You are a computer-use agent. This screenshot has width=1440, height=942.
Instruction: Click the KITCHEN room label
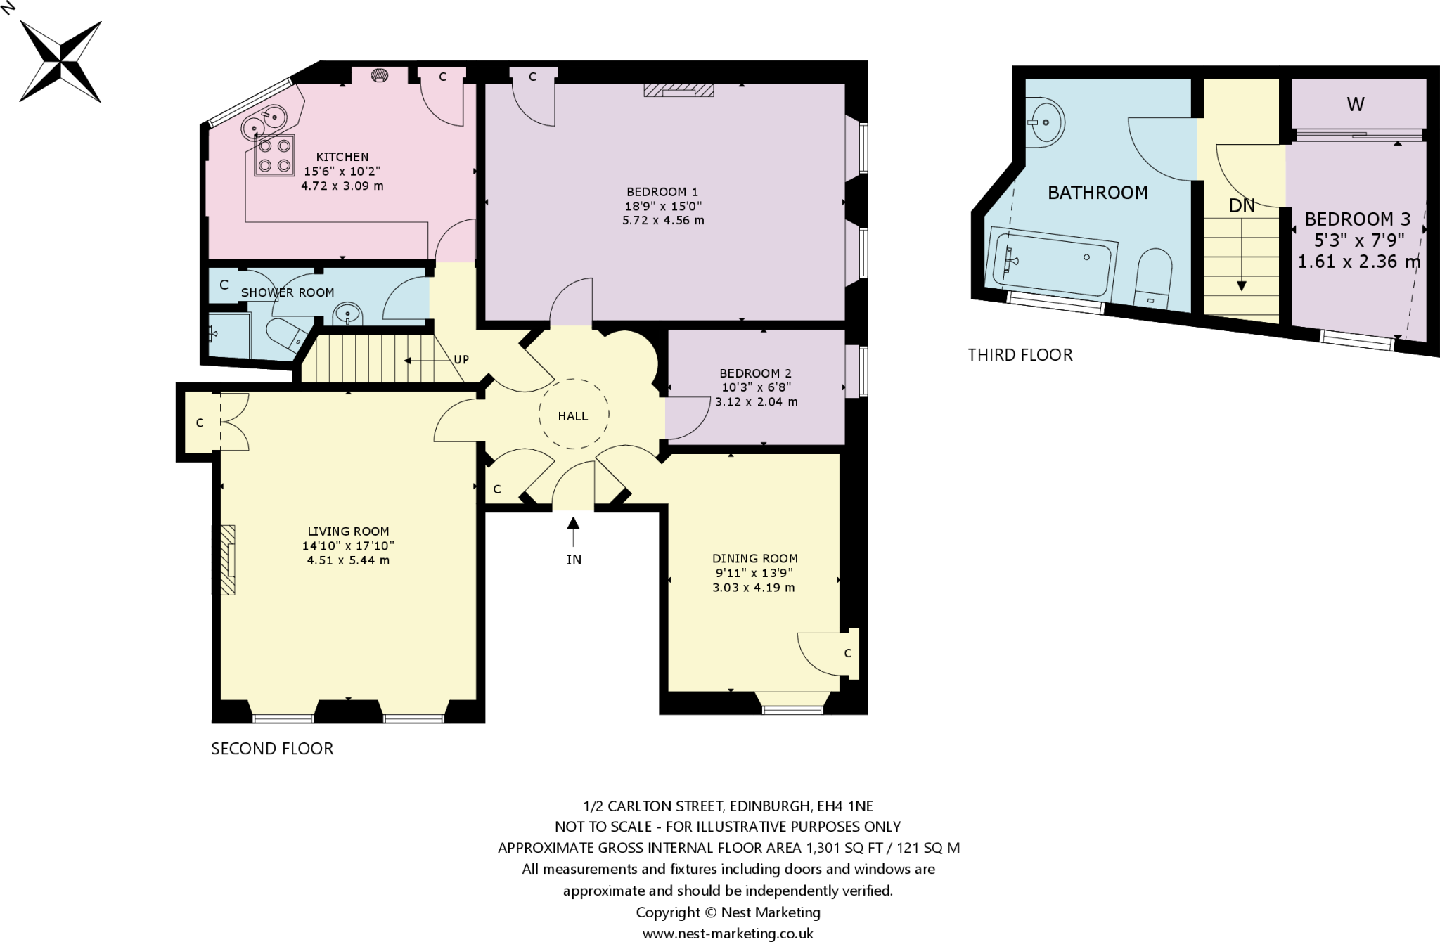pos(342,157)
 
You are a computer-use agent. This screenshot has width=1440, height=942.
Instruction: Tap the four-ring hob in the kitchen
pos(274,156)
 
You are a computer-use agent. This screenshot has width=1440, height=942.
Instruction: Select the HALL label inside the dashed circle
pos(573,416)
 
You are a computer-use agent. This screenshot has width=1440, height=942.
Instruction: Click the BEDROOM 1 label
pos(662,192)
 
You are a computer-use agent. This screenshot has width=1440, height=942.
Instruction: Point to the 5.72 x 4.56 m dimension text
pos(663,220)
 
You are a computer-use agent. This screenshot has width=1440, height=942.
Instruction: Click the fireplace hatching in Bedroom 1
pos(679,90)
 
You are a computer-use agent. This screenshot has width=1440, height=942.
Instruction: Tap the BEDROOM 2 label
pos(755,373)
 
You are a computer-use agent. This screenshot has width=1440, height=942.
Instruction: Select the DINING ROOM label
pos(754,559)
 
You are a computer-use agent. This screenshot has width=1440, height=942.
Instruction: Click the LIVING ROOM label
pos(348,531)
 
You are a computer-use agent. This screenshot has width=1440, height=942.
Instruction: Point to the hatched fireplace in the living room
pos(228,560)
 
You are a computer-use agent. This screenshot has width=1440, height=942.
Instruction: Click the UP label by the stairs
pos(461,360)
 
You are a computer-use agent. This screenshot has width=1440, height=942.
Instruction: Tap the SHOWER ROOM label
pos(288,292)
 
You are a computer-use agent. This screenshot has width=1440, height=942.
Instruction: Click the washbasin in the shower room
pos(347,314)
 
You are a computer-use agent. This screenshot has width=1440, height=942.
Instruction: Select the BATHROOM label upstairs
pos(1098,193)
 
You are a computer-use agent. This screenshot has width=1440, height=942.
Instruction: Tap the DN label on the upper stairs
pos(1242,206)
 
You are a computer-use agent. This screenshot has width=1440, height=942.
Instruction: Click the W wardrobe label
pos(1356,105)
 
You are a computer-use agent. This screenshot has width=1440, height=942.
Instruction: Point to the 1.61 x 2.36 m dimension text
pos(1358,262)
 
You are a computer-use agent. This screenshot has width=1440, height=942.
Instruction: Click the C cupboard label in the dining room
pos(848,653)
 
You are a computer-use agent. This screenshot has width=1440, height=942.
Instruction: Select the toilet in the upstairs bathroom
pos(1154,278)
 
